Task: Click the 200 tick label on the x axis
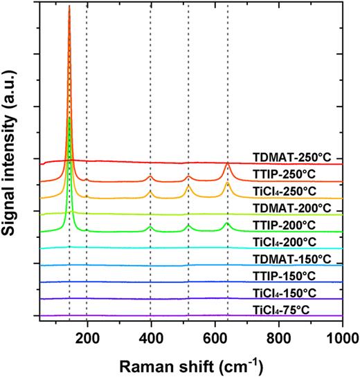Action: (87, 337)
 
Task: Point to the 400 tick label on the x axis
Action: (150, 337)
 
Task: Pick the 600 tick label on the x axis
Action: (215, 337)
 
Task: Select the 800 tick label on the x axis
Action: (279, 337)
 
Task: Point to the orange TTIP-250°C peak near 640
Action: (227, 166)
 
